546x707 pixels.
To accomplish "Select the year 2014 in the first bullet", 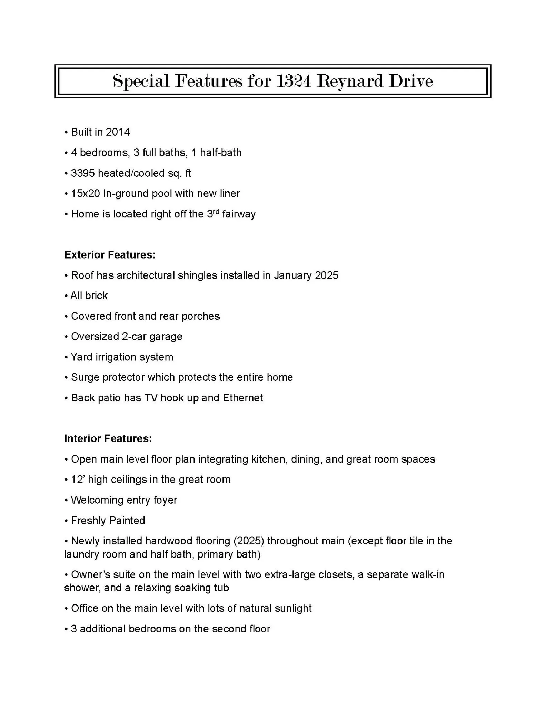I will pyautogui.click(x=118, y=132).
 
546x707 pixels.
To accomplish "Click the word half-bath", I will pyautogui.click(x=221, y=153).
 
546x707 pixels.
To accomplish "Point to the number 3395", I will pyautogui.click(x=83, y=173).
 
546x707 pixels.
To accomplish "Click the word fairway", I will pyautogui.click(x=239, y=214).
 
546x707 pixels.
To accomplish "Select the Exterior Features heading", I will pyautogui.click(x=110, y=255).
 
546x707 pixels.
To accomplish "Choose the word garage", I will pyautogui.click(x=166, y=337).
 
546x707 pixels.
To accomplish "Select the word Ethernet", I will pyautogui.click(x=243, y=398).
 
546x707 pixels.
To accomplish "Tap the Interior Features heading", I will pyautogui.click(x=108, y=438).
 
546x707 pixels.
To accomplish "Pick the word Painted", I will pyautogui.click(x=127, y=520).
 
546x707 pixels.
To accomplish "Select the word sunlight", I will pyautogui.click(x=293, y=608).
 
